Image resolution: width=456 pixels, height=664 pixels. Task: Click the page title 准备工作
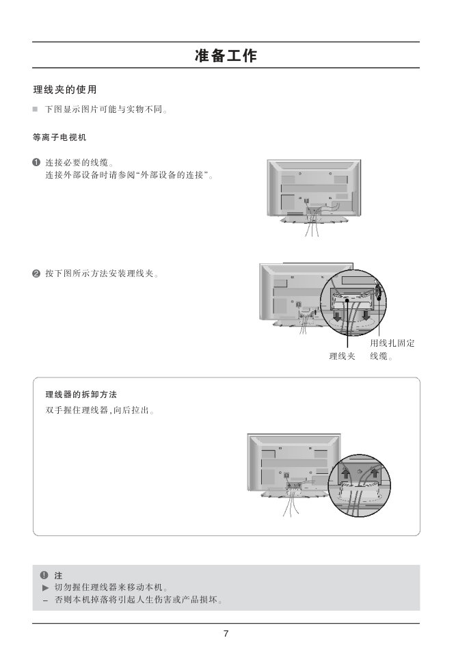226,55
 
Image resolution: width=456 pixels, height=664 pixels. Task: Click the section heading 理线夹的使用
65,90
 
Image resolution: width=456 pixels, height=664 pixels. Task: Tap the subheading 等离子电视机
59,137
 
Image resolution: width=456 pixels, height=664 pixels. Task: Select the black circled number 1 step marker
36,163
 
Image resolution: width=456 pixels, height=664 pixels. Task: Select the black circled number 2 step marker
36,274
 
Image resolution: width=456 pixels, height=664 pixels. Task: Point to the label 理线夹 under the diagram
342,356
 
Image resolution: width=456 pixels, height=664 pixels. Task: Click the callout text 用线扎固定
392,343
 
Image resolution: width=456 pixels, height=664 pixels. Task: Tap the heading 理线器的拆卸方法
81,395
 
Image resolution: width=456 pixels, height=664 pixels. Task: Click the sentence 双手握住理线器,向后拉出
100,410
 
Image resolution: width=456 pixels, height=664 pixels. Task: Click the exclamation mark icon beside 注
44,575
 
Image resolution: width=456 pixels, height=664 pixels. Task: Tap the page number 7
226,634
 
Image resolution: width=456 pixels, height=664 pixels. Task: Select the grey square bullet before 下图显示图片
35,109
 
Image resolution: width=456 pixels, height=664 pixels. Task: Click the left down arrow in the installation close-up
337,316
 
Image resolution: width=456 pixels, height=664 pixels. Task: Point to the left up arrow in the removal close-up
346,472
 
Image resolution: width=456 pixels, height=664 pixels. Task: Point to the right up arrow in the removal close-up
374,472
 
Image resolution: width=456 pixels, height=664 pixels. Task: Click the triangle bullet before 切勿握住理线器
46,588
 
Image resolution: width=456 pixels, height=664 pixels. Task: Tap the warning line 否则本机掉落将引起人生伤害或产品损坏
139,600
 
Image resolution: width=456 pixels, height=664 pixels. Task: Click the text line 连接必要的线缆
79,163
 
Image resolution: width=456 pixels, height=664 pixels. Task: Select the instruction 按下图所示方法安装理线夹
102,274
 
